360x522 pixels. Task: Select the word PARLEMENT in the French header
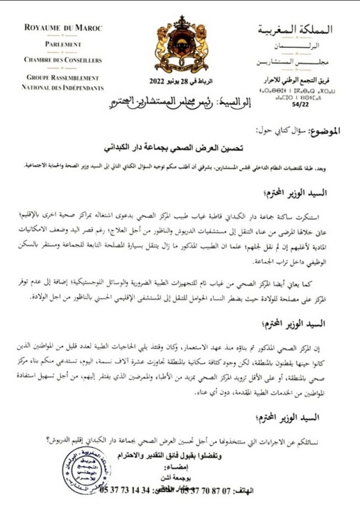[62, 44]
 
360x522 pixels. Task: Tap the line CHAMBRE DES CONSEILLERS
[62, 60]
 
